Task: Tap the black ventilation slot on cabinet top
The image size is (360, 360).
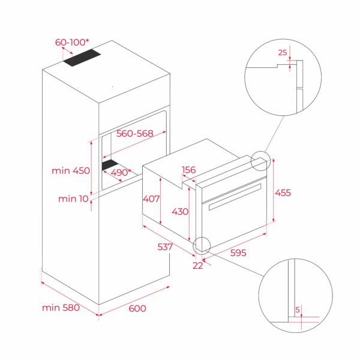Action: point(85,58)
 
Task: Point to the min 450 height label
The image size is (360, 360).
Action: point(70,170)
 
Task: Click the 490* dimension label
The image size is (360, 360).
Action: point(121,172)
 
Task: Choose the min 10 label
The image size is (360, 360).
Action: point(73,199)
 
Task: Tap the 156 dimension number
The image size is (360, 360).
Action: point(188,170)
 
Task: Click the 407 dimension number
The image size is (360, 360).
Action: point(151,198)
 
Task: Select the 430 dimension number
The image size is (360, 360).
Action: point(180,211)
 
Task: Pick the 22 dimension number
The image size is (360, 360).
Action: point(198,266)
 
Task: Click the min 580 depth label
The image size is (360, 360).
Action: point(61,308)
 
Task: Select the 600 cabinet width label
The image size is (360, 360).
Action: point(137,308)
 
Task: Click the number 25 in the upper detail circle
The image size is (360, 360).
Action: point(282,53)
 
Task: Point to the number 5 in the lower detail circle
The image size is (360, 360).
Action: point(298,310)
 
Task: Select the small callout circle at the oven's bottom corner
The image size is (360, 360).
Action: point(202,244)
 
